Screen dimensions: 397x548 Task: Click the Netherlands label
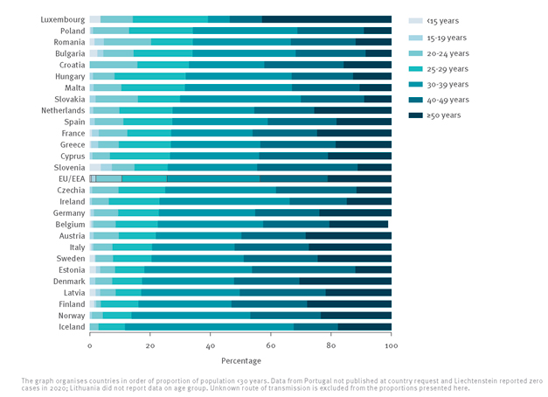pos(63,110)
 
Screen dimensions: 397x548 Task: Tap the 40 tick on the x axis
pos(210,346)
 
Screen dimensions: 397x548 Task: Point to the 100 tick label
pos(391,346)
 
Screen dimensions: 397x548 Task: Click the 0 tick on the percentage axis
pos(89,346)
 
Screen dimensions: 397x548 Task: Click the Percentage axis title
pos(240,360)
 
